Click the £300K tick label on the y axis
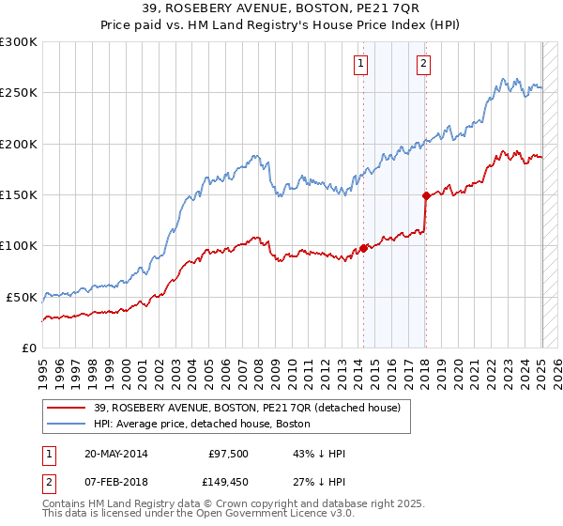(19, 42)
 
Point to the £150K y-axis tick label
(19, 195)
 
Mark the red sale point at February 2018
(426, 195)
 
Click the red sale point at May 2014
(363, 249)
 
